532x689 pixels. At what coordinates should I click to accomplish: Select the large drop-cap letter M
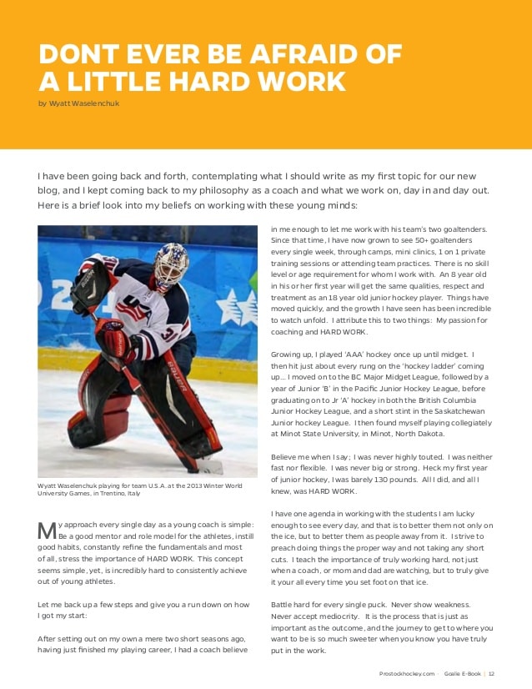46,529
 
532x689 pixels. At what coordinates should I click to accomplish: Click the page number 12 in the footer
492,674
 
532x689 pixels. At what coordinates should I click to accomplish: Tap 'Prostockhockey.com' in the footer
407,674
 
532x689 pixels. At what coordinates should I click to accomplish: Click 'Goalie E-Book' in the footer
463,674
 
